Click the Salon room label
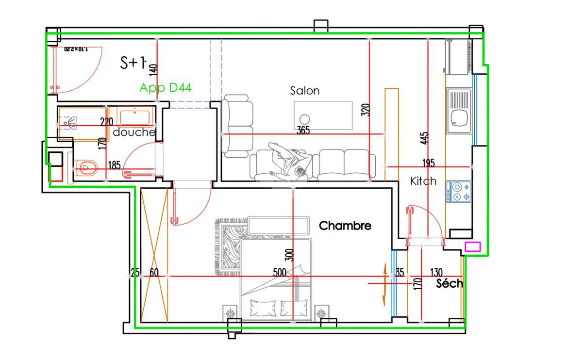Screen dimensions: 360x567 pyautogui.click(x=305, y=91)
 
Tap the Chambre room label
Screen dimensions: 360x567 pyautogui.click(x=345, y=226)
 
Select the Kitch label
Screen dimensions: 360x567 pyautogui.click(x=423, y=181)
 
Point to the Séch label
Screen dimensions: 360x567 pyautogui.click(x=449, y=283)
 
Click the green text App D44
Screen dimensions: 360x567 pyautogui.click(x=165, y=88)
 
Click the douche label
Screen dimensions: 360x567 pyautogui.click(x=134, y=132)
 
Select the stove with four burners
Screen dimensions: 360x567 pyautogui.click(x=459, y=192)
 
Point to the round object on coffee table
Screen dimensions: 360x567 pyautogui.click(x=305, y=119)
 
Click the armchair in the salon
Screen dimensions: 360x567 pyautogui.click(x=237, y=126)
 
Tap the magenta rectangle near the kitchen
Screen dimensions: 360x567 pyautogui.click(x=472, y=246)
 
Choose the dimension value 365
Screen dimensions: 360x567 pyautogui.click(x=303, y=130)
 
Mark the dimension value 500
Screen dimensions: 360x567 pyautogui.click(x=280, y=273)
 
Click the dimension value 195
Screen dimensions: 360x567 pyautogui.click(x=429, y=163)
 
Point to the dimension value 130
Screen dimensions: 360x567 pyautogui.click(x=436, y=273)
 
